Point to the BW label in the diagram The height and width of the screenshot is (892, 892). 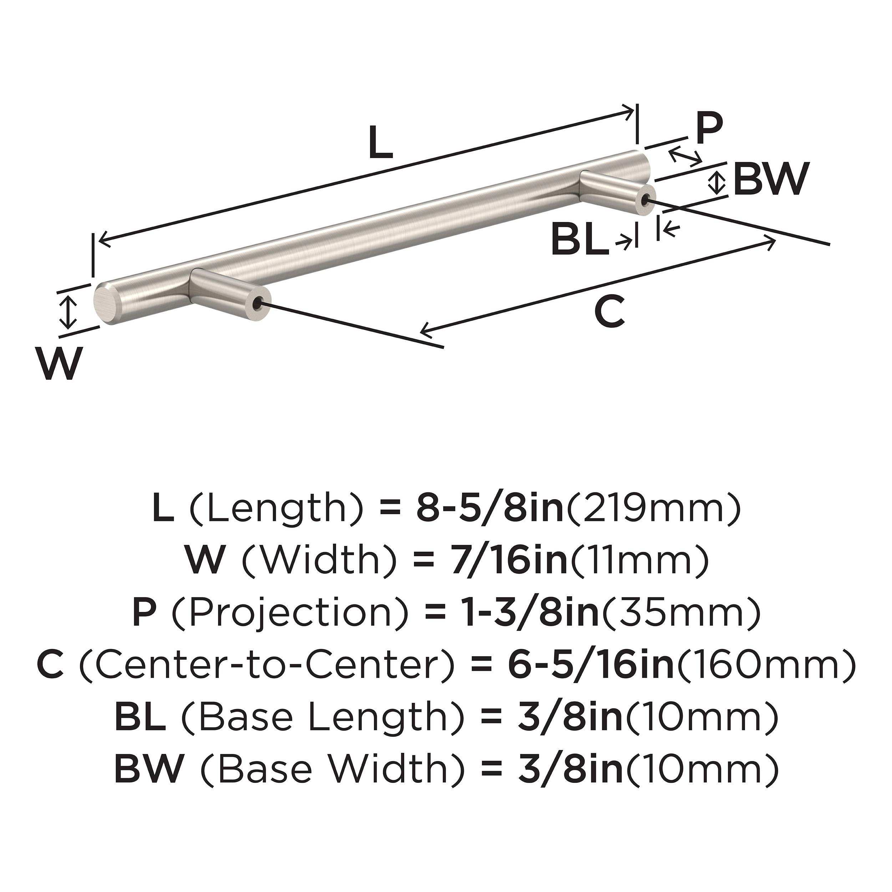[x=771, y=179]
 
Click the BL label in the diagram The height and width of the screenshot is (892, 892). [x=580, y=239]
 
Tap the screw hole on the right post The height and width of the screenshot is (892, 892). [x=647, y=199]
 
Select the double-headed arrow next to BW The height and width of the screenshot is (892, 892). [x=715, y=182]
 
